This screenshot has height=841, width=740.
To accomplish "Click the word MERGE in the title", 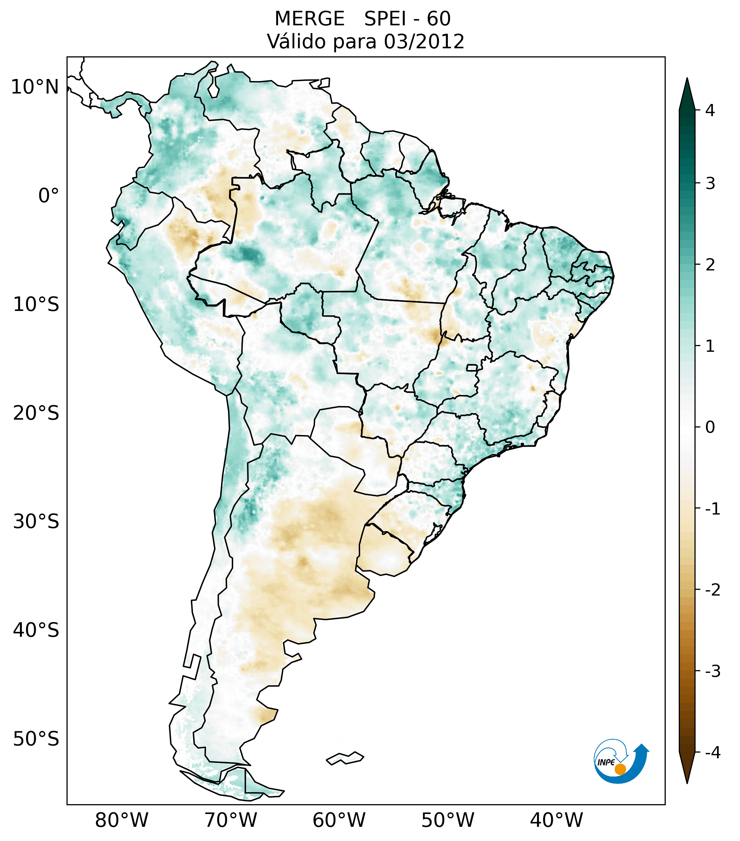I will (309, 19).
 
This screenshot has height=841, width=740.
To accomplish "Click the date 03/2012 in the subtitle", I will (424, 42).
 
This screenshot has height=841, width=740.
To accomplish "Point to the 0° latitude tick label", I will (49, 196).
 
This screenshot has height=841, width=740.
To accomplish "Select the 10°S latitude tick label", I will (36, 305).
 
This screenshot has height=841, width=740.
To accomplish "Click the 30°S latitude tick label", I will (36, 522).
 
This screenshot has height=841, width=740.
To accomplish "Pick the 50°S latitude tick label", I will (36, 739).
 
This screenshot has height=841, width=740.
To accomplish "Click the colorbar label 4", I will (710, 110).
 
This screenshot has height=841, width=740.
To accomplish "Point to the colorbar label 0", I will (710, 427).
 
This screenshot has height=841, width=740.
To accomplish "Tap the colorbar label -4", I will (712, 753).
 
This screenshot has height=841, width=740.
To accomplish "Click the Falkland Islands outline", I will (345, 758).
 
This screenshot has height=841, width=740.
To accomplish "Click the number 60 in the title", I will (438, 19).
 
